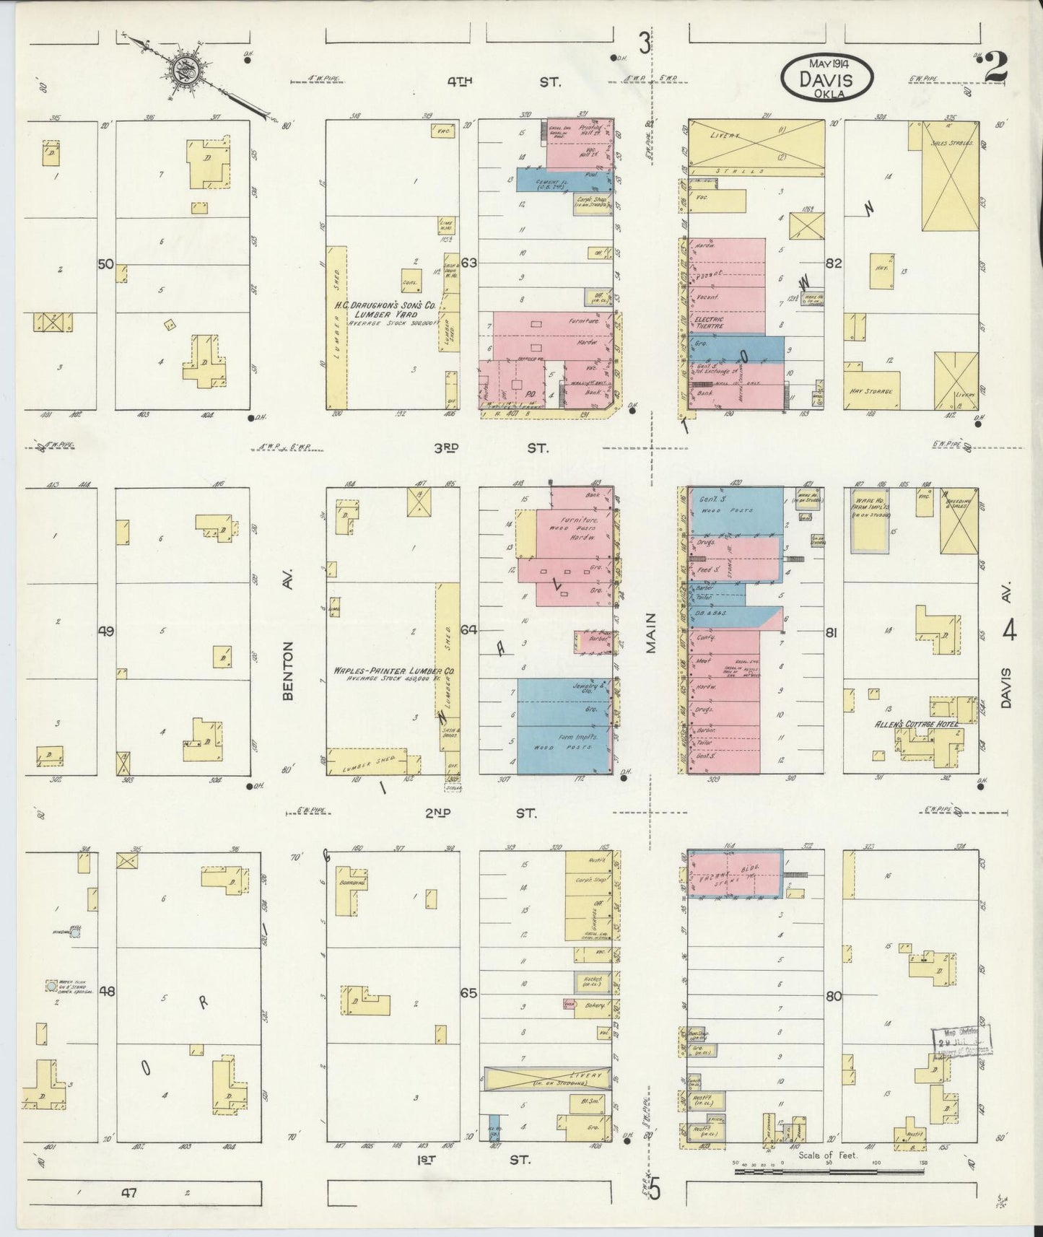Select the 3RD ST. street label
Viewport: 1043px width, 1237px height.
490,447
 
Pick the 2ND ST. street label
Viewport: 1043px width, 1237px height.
490,813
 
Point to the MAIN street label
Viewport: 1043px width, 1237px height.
651,633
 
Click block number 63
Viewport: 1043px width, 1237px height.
469,263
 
